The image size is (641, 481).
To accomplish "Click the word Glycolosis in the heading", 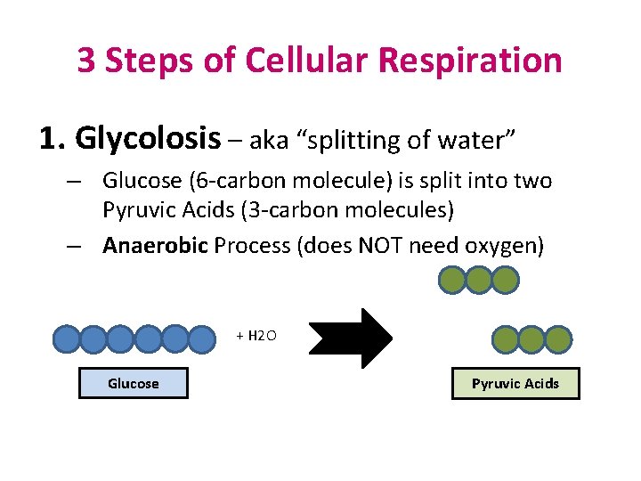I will point(148,139).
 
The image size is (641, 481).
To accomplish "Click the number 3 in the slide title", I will point(86,61).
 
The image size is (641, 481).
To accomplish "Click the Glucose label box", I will point(134,384).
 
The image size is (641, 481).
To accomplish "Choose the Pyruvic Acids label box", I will point(515,384).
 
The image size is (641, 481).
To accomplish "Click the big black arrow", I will point(351,338).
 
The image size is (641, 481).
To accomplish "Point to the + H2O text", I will point(256,336).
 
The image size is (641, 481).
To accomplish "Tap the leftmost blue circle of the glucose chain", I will point(67,339).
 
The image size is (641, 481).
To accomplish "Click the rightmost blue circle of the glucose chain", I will point(203,339).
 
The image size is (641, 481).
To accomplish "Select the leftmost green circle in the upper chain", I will point(451,281).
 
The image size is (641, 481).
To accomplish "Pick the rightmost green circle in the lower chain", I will point(558,339).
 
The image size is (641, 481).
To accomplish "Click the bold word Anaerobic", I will point(154,245).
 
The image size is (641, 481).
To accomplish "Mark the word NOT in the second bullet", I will point(382,245).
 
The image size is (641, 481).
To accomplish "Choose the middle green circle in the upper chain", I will point(478,281).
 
